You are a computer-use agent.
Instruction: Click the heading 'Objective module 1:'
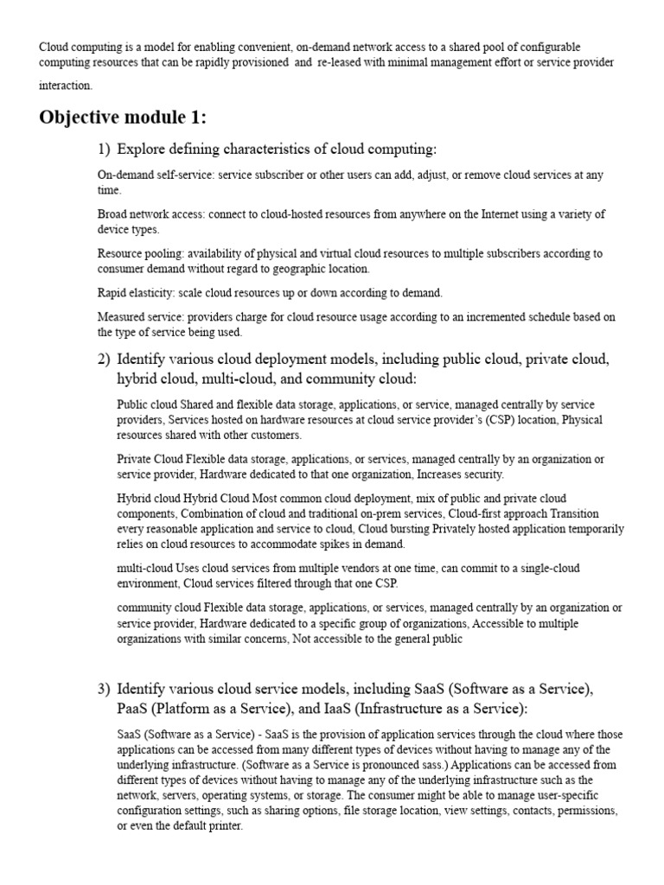point(123,118)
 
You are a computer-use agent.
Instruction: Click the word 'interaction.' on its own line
point(65,86)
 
